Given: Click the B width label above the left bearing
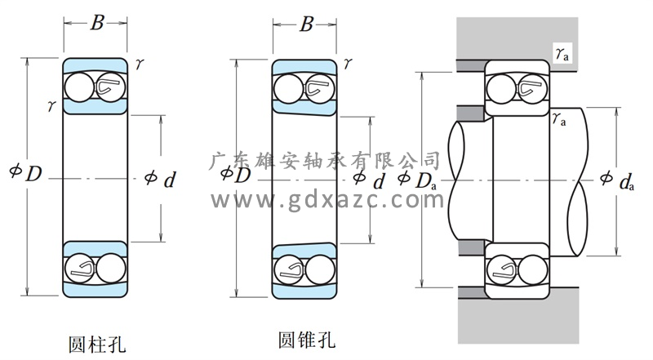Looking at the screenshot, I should (96, 23).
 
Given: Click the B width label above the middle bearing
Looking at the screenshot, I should (306, 24).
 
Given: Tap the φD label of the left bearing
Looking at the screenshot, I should (25, 174).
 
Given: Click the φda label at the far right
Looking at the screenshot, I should (617, 180).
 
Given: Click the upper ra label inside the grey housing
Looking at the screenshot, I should (562, 54).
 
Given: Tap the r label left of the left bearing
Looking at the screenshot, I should (52, 104).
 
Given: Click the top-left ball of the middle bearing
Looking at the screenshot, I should (291, 86).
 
